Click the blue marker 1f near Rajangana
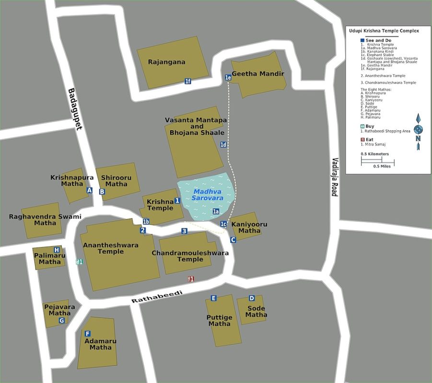pyautogui.click(x=188, y=81)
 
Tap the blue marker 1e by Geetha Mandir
pyautogui.click(x=228, y=77)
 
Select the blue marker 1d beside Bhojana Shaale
pyautogui.click(x=223, y=145)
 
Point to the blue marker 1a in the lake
pyautogui.click(x=216, y=212)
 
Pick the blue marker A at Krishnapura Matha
pyautogui.click(x=89, y=191)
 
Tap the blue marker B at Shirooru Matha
pyautogui.click(x=102, y=192)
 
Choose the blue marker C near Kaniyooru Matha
pyautogui.click(x=233, y=240)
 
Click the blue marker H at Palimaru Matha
pyautogui.click(x=57, y=250)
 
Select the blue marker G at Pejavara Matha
pyautogui.click(x=61, y=321)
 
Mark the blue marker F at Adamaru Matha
pyautogui.click(x=87, y=334)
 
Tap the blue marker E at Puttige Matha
pyautogui.click(x=214, y=298)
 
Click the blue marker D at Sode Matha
pyautogui.click(x=251, y=298)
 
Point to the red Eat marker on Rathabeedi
pyautogui.click(x=190, y=279)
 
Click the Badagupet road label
pyautogui.click(x=76, y=109)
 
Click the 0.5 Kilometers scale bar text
pyautogui.click(x=374, y=154)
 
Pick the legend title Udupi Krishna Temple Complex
pyautogui.click(x=383, y=31)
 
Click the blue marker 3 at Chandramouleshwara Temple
pyautogui.click(x=184, y=231)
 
